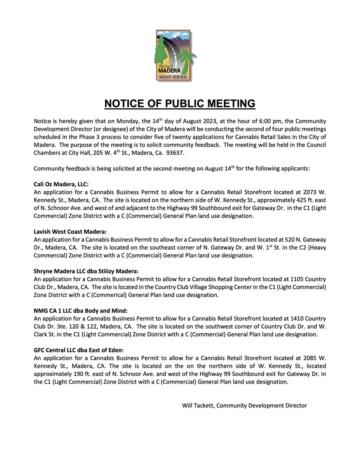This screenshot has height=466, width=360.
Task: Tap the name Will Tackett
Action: coord(198,405)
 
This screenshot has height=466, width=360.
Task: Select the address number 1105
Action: coord(290,280)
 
